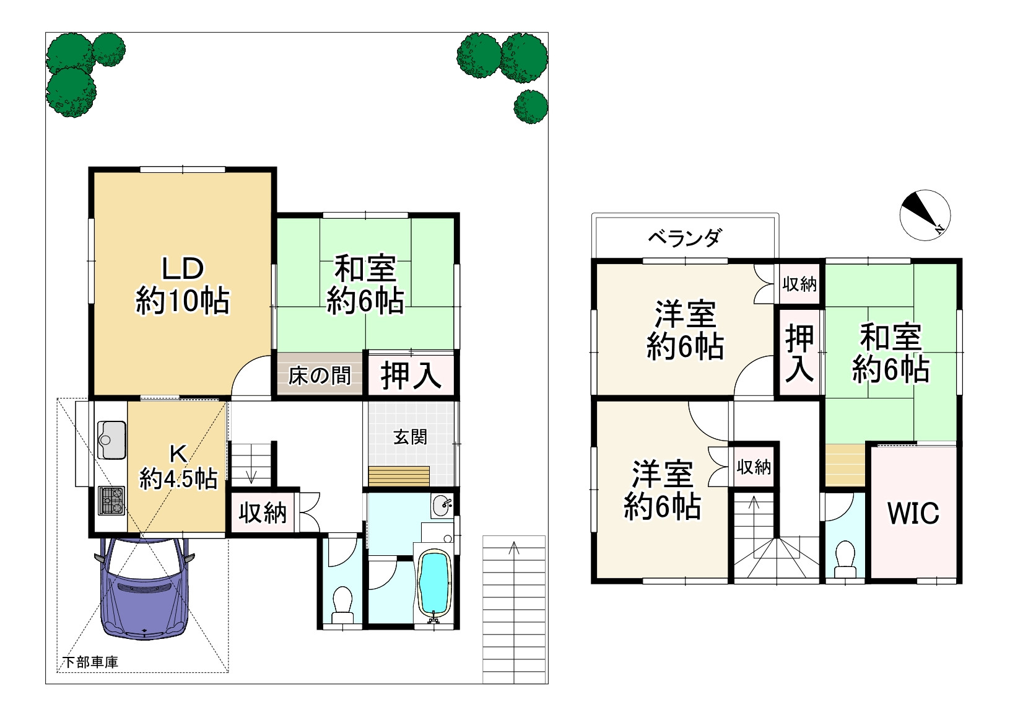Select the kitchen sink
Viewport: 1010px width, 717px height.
[x=111, y=439]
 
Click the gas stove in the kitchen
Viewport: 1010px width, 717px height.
[x=111, y=500]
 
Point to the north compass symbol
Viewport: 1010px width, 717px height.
[x=925, y=214]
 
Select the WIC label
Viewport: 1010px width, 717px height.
[x=913, y=513]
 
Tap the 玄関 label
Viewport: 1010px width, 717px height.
[x=410, y=437]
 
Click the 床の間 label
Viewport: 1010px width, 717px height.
[x=320, y=375]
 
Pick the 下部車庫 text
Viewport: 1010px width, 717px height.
[x=90, y=661]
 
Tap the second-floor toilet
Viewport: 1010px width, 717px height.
[x=844, y=558]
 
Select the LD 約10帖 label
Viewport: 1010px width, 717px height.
[x=182, y=286]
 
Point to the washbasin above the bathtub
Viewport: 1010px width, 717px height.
[x=443, y=506]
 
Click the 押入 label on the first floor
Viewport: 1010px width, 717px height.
[x=411, y=375]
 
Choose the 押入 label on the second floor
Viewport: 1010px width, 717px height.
[x=799, y=353]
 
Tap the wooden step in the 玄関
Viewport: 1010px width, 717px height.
[x=399, y=476]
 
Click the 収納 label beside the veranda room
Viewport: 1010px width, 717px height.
[x=799, y=284]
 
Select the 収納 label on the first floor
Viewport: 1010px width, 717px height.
[x=263, y=512]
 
